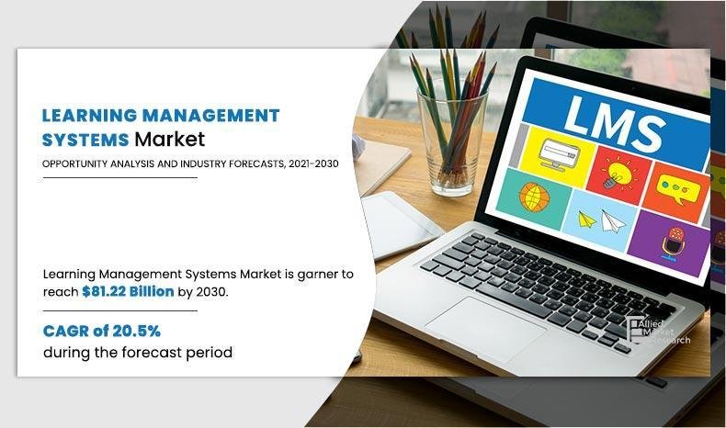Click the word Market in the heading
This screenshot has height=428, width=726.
(x=169, y=140)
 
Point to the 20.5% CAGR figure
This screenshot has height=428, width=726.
(x=142, y=331)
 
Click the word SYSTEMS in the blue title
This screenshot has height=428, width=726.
(x=85, y=140)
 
